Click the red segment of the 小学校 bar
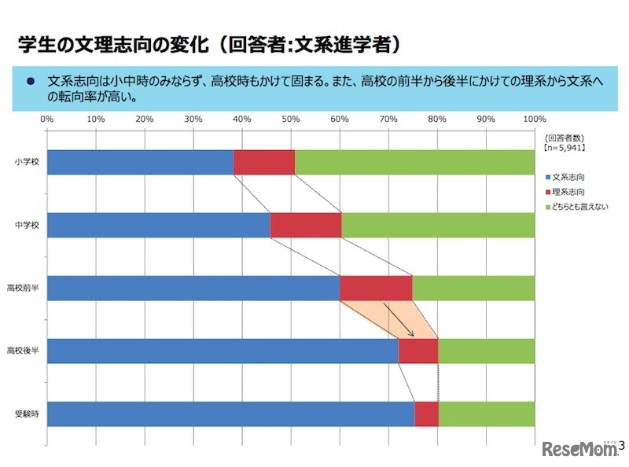(x=264, y=162)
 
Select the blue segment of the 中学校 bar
(x=158, y=225)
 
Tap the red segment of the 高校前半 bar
(x=376, y=288)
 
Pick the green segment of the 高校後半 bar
(x=486, y=351)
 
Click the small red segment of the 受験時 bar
(x=426, y=414)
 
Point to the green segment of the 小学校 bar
(x=414, y=162)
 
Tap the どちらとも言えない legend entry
(x=578, y=206)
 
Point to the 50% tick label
(x=291, y=120)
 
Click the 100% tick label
(x=534, y=120)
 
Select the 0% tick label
(x=47, y=120)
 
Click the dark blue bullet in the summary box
(x=31, y=80)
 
